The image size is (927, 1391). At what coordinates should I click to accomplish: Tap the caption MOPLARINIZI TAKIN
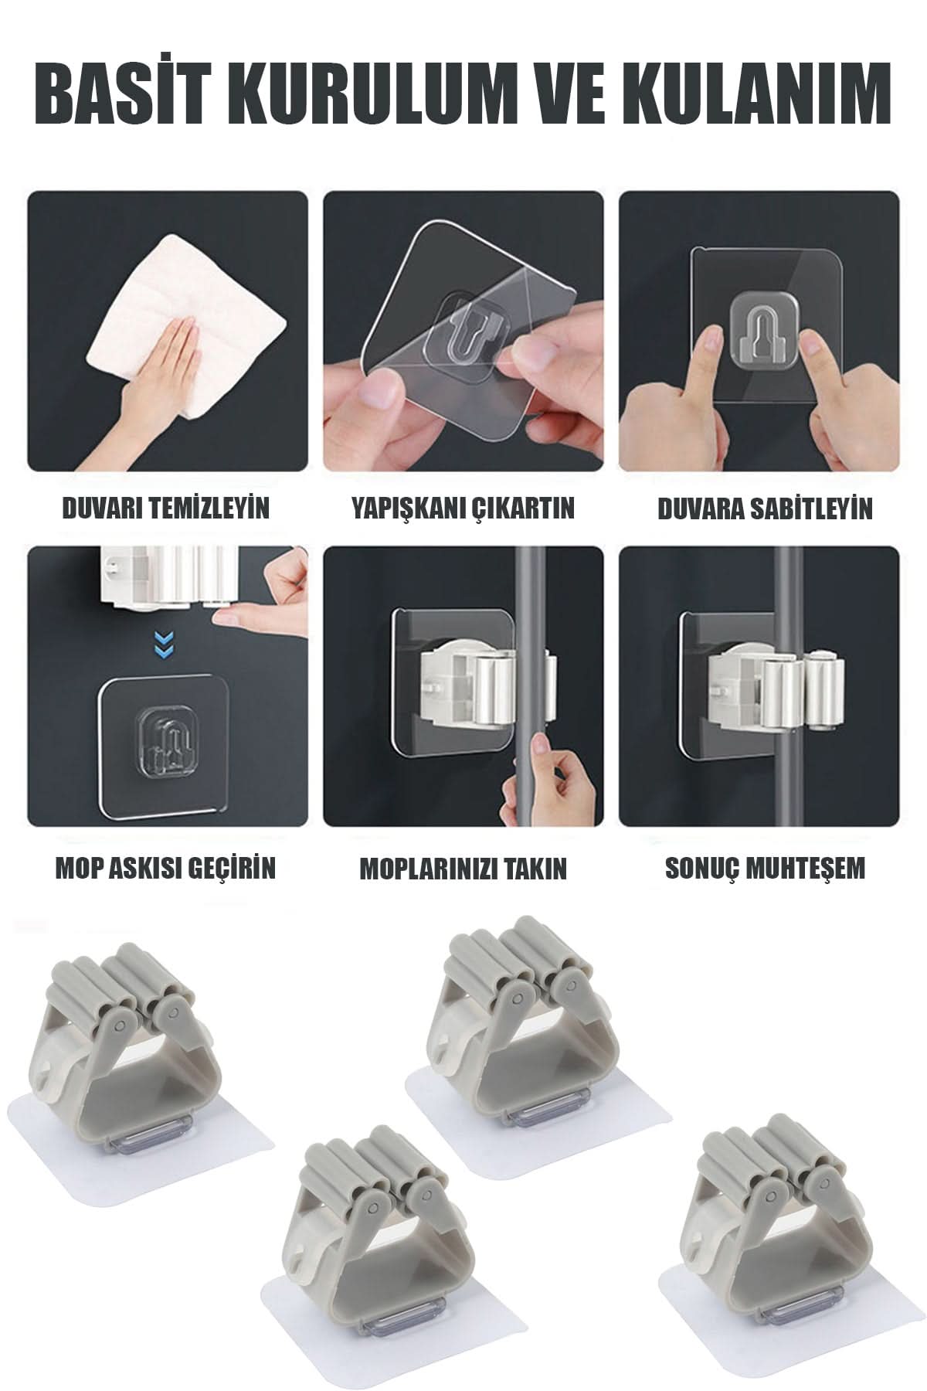pos(463,868)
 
